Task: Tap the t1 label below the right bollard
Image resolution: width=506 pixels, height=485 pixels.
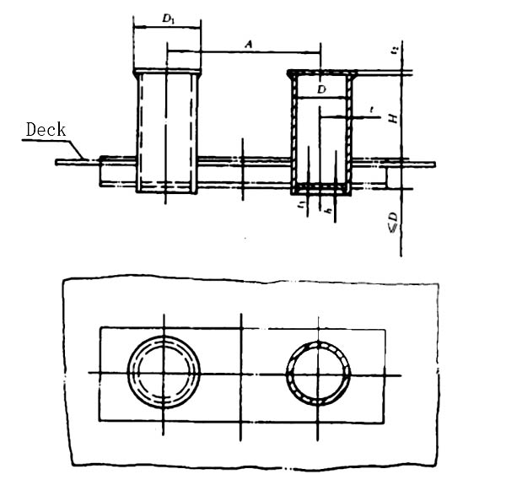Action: pos(301,206)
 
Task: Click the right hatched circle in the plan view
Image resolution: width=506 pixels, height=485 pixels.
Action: pos(319,371)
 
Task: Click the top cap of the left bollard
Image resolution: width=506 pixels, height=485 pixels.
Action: pos(167,72)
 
